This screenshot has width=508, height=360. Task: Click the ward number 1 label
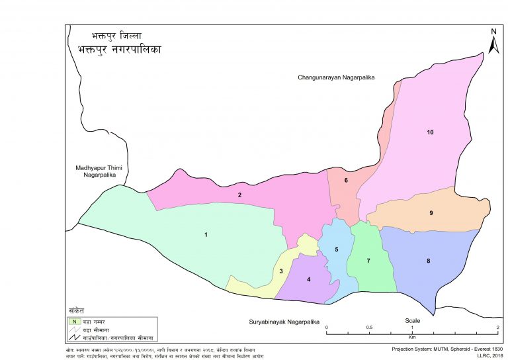(x=206, y=235)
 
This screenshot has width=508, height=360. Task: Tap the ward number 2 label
(x=239, y=195)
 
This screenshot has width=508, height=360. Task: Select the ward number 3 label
(x=281, y=271)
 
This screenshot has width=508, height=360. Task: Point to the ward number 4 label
(x=308, y=279)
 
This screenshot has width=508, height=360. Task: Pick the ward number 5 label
(x=336, y=249)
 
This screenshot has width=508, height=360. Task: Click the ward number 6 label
(x=345, y=180)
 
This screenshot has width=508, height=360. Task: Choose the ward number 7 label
(x=368, y=261)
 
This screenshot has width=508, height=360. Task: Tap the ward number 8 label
(x=429, y=261)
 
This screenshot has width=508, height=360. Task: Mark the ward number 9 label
(x=431, y=213)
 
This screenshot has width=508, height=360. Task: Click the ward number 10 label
(x=430, y=132)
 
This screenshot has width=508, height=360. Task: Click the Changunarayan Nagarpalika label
(x=336, y=77)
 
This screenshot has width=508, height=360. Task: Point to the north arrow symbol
(x=493, y=41)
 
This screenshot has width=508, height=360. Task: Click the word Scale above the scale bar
(x=413, y=320)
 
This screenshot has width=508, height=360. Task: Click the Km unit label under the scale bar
(x=412, y=337)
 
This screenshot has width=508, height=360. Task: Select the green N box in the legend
(x=74, y=321)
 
